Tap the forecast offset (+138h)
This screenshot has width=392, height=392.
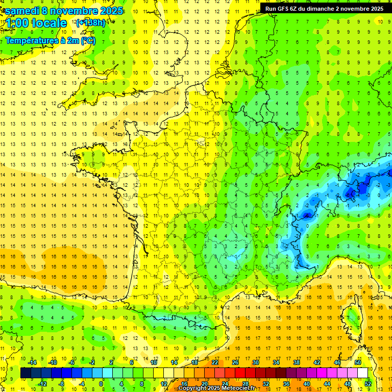point(90,22)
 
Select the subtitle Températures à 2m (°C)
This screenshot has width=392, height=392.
point(51,41)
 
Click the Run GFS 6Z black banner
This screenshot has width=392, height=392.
point(325,8)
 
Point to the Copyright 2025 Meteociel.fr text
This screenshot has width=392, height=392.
point(216,388)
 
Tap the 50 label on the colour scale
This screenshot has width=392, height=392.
point(358,362)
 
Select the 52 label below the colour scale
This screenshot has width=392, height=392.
point(367,383)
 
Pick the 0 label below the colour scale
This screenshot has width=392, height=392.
point(101,383)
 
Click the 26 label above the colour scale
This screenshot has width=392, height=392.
point(235,362)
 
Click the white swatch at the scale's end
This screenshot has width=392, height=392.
point(362,373)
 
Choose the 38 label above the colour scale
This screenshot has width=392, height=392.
point(297,362)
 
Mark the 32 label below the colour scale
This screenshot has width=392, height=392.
point(265,383)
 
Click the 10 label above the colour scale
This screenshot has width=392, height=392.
point(153,362)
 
